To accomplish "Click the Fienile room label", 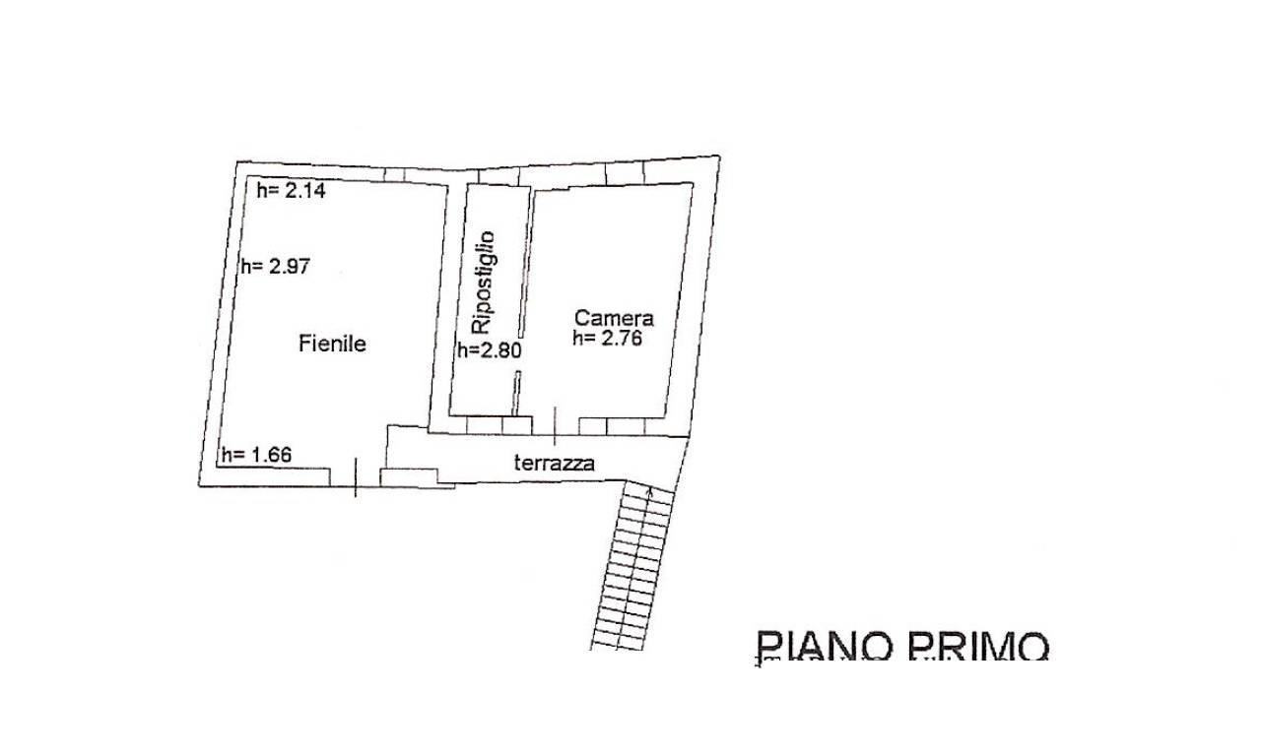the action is click(x=332, y=343).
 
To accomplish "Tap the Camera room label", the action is click(x=614, y=318).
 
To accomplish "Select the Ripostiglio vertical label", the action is click(x=484, y=283).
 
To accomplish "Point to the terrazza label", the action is click(x=554, y=463).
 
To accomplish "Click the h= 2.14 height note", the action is click(x=291, y=191).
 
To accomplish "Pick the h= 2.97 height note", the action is click(x=276, y=266).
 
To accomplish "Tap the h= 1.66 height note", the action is click(x=256, y=454).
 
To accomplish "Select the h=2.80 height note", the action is click(x=490, y=350).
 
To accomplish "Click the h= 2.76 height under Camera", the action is click(x=607, y=339).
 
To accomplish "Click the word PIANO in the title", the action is click(x=824, y=647).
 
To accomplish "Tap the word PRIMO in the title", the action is click(x=978, y=647).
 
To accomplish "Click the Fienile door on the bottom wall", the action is click(x=356, y=477).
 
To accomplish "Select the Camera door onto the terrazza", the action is click(x=556, y=426).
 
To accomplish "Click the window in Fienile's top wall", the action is click(x=394, y=175).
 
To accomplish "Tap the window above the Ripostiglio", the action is click(x=499, y=176).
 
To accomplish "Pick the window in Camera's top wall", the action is click(x=625, y=173).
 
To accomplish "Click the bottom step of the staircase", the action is click(x=618, y=645).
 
